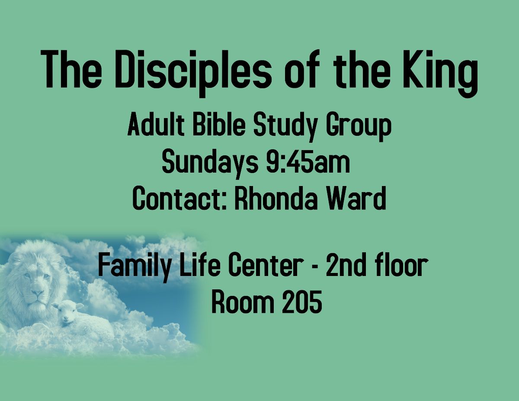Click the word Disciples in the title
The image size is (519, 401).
(x=193, y=71)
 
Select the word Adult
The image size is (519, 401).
(x=156, y=125)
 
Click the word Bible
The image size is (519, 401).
(x=219, y=125)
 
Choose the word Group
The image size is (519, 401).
(x=358, y=127)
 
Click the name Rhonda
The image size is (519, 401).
(x=276, y=199)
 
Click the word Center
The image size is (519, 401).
(x=265, y=266)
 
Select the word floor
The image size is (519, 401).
(x=398, y=266)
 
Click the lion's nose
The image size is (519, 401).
(x=38, y=293)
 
